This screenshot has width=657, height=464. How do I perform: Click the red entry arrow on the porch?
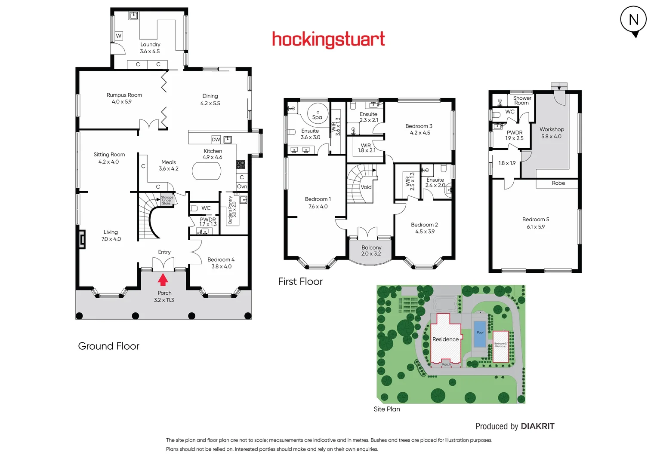tap(163, 280)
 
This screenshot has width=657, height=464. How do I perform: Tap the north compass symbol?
tap(633, 20)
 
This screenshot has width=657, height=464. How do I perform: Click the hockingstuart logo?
tap(328, 40)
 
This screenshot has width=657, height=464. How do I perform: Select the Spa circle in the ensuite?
tap(318, 114)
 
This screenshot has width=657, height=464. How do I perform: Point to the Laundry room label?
tap(150, 45)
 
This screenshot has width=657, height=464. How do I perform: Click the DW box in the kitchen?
tap(216, 140)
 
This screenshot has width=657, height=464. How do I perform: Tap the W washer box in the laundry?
tap(119, 36)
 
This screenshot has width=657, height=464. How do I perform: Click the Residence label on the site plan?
tap(445, 339)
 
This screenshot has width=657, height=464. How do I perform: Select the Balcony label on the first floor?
tap(371, 247)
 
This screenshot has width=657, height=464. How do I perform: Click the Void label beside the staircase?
tap(366, 187)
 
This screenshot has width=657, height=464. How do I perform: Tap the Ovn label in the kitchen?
tap(242, 186)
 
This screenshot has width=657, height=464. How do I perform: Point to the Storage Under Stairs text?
tap(167, 200)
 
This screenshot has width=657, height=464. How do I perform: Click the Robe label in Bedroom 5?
tap(558, 183)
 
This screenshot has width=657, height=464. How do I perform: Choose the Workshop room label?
tap(552, 129)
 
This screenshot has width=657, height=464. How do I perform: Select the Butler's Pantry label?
tap(230, 210)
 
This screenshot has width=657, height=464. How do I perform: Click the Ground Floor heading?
tap(109, 346)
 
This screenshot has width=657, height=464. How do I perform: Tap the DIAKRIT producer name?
tap(537, 426)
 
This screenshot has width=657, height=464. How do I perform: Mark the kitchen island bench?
tap(207, 171)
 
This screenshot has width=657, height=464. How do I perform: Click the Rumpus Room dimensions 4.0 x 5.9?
tap(122, 102)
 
